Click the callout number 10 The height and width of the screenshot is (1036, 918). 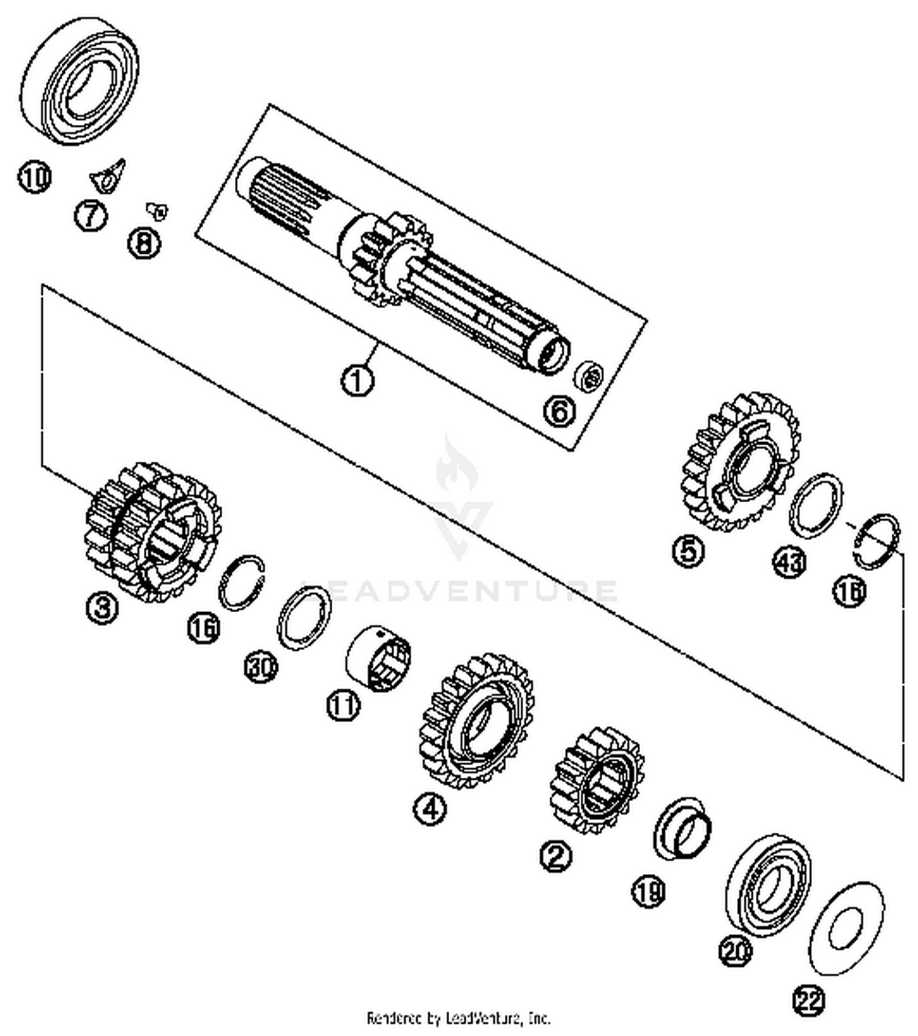pos(34,178)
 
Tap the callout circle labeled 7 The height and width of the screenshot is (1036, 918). pos(91,215)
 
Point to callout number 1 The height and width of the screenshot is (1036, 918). pos(357,380)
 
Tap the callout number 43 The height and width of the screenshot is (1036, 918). pos(789,562)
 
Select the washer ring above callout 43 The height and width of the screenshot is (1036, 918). pos(815,505)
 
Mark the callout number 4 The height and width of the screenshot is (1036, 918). pos(430,809)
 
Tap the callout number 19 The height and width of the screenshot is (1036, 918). pos(648,892)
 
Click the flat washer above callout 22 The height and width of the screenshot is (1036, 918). pos(846,928)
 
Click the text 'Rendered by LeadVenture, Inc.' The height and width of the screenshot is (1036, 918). pos(458,1018)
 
